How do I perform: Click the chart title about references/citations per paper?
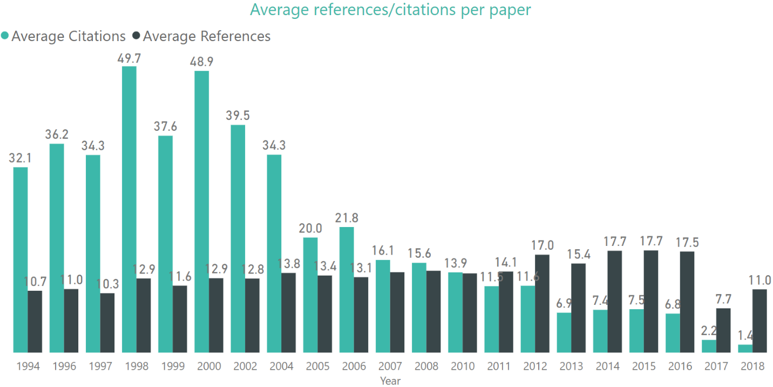pos(390,10)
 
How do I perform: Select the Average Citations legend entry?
pos(68,36)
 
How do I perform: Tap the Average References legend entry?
pos(206,36)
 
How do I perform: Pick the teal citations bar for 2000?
pos(201,211)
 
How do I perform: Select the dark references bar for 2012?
pos(542,303)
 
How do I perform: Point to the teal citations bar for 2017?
pos(709,346)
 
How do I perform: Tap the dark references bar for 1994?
pos(35,322)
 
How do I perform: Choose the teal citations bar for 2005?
pos(310,295)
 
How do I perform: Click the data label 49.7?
pos(129,58)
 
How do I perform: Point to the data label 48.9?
pos(201,62)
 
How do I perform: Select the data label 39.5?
pos(238,116)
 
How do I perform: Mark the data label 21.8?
pos(347,218)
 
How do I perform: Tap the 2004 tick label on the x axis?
pos(281,366)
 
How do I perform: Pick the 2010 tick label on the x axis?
pos(463,366)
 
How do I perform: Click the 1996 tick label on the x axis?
pos(64,366)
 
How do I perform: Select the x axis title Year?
pos(390,381)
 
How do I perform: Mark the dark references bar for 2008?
pos(433,311)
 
